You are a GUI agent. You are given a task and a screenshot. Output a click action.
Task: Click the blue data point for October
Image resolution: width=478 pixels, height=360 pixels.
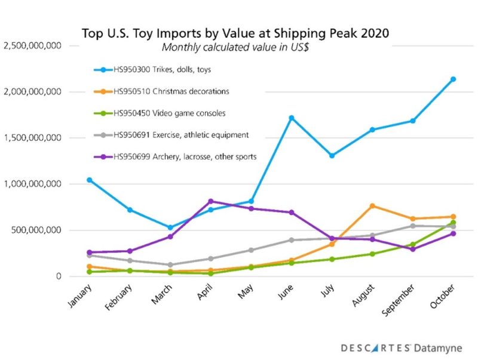tap(453, 79)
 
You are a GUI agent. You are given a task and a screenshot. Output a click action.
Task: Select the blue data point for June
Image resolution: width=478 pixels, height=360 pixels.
tap(291, 118)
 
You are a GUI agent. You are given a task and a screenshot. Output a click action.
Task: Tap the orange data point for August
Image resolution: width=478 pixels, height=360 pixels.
tap(372, 206)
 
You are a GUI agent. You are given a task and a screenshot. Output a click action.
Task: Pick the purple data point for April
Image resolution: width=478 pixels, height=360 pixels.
tap(210, 201)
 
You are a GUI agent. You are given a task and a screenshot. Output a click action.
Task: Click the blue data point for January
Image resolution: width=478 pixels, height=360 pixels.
tap(89, 180)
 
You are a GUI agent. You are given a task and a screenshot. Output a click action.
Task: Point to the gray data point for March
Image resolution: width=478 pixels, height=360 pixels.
tap(170, 264)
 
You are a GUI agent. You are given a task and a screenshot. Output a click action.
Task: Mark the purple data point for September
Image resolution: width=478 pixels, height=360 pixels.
tap(412, 249)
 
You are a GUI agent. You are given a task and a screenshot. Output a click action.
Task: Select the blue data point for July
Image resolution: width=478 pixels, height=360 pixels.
tap(332, 155)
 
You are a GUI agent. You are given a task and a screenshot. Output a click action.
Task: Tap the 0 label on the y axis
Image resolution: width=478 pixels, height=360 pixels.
tap(57, 276)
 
